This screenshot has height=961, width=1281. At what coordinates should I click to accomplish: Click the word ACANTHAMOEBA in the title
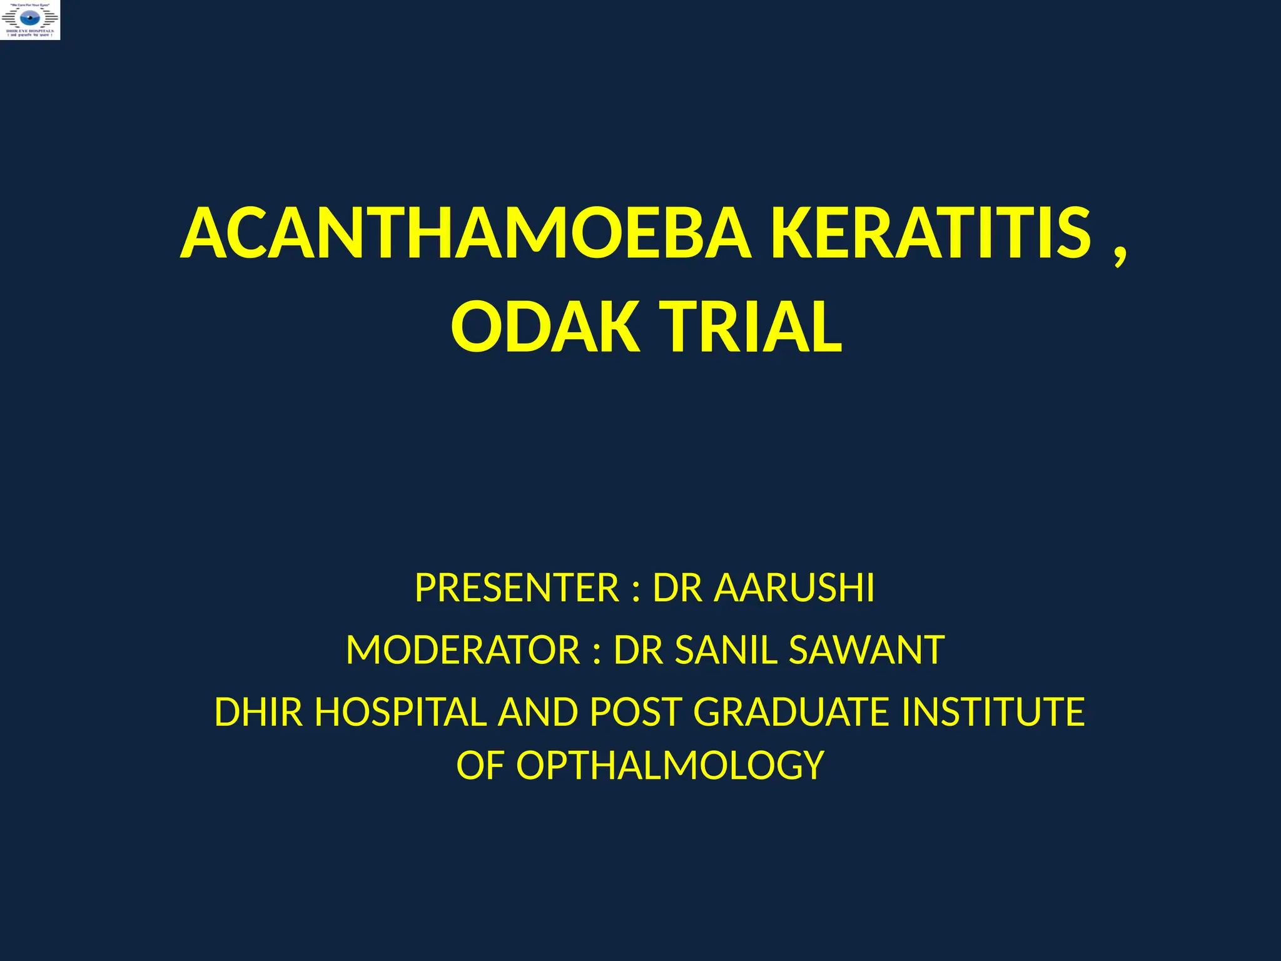tap(466, 234)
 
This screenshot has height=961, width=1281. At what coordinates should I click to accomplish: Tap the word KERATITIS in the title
tap(931, 234)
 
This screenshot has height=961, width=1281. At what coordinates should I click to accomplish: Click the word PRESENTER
tap(517, 588)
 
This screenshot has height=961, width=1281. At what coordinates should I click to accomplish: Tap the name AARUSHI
tap(794, 588)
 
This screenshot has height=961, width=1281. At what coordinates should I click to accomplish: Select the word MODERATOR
tap(463, 650)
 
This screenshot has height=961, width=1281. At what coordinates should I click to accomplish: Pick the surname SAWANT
tap(866, 650)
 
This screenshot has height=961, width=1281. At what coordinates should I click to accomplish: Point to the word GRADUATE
tap(791, 712)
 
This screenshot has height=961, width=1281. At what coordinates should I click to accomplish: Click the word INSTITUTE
tap(993, 712)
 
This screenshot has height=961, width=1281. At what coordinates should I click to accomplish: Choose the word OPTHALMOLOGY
tap(670, 766)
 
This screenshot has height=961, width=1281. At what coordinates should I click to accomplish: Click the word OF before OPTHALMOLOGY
tap(480, 766)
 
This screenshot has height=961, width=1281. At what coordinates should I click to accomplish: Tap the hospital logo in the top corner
tap(31, 20)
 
